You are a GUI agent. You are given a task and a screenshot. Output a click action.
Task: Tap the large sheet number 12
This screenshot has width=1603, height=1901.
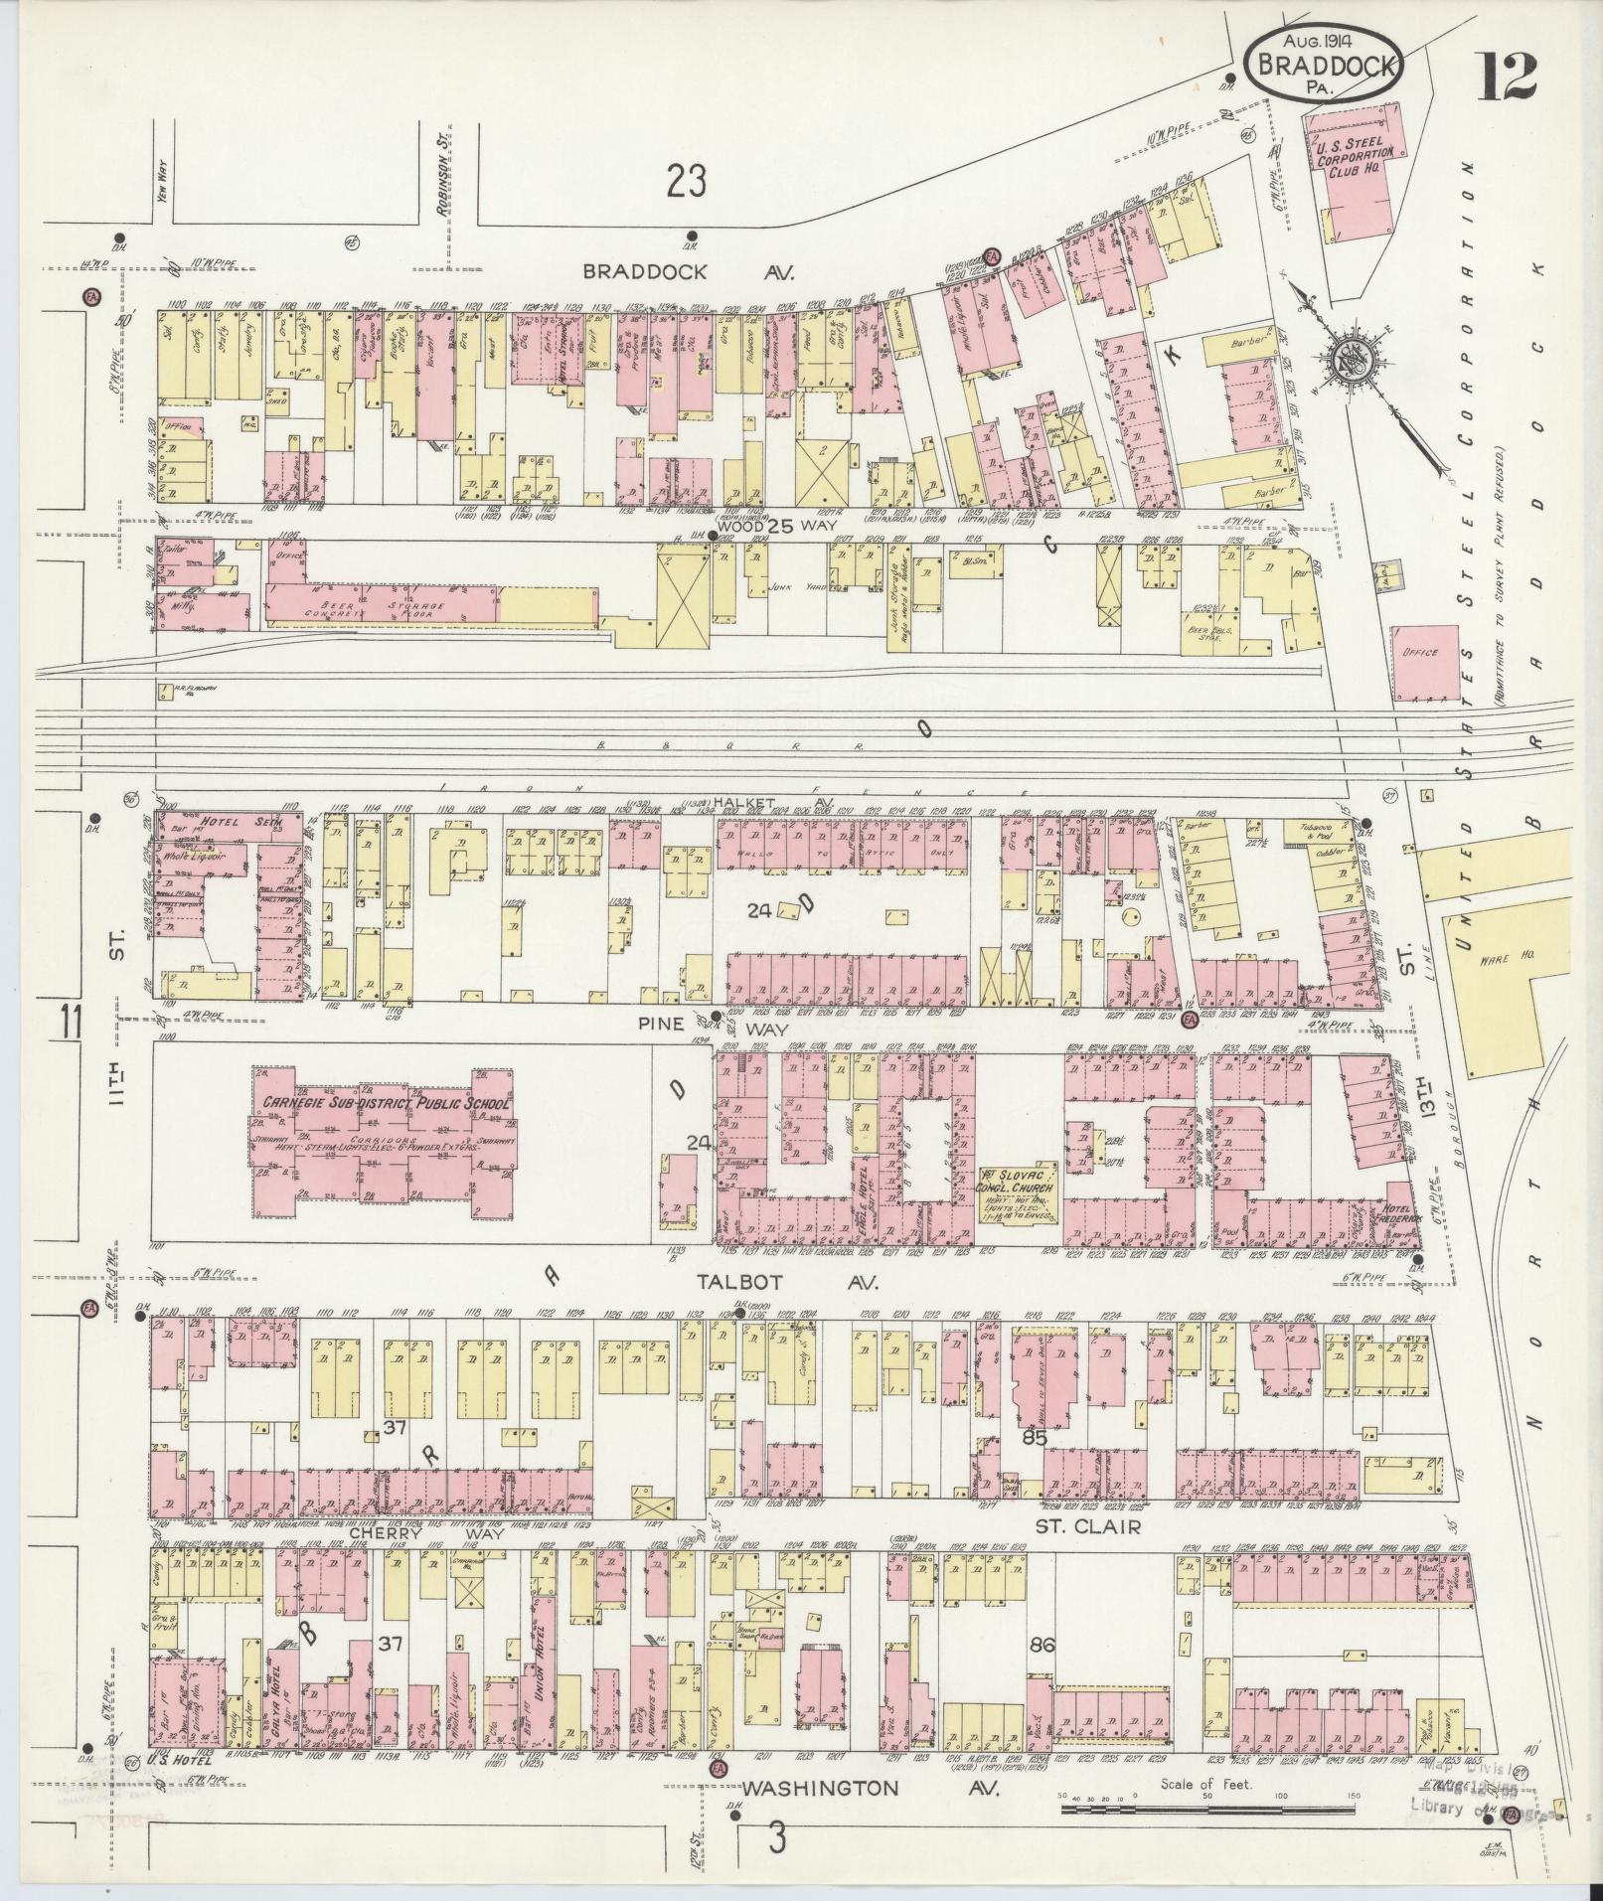1507,78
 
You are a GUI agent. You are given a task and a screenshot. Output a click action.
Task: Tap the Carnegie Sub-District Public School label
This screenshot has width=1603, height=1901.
386,1104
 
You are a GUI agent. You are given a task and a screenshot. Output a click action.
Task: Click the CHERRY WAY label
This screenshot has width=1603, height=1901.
426,1562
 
